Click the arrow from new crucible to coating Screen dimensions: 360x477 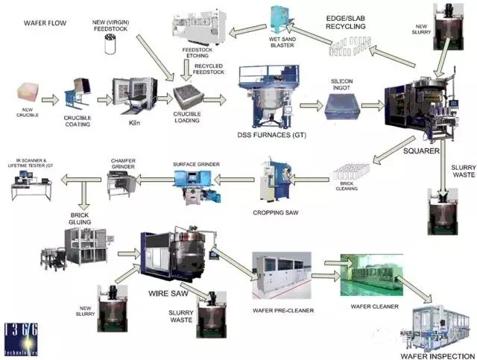point(51,98)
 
